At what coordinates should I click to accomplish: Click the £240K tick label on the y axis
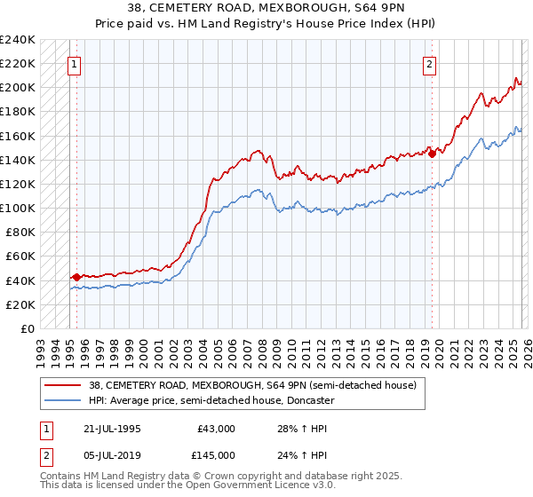[18, 40]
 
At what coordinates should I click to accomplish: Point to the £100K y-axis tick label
[18, 208]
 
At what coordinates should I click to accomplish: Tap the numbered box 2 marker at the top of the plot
[429, 64]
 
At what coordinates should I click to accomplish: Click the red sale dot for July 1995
[76, 277]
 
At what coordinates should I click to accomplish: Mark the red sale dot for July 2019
[432, 154]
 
